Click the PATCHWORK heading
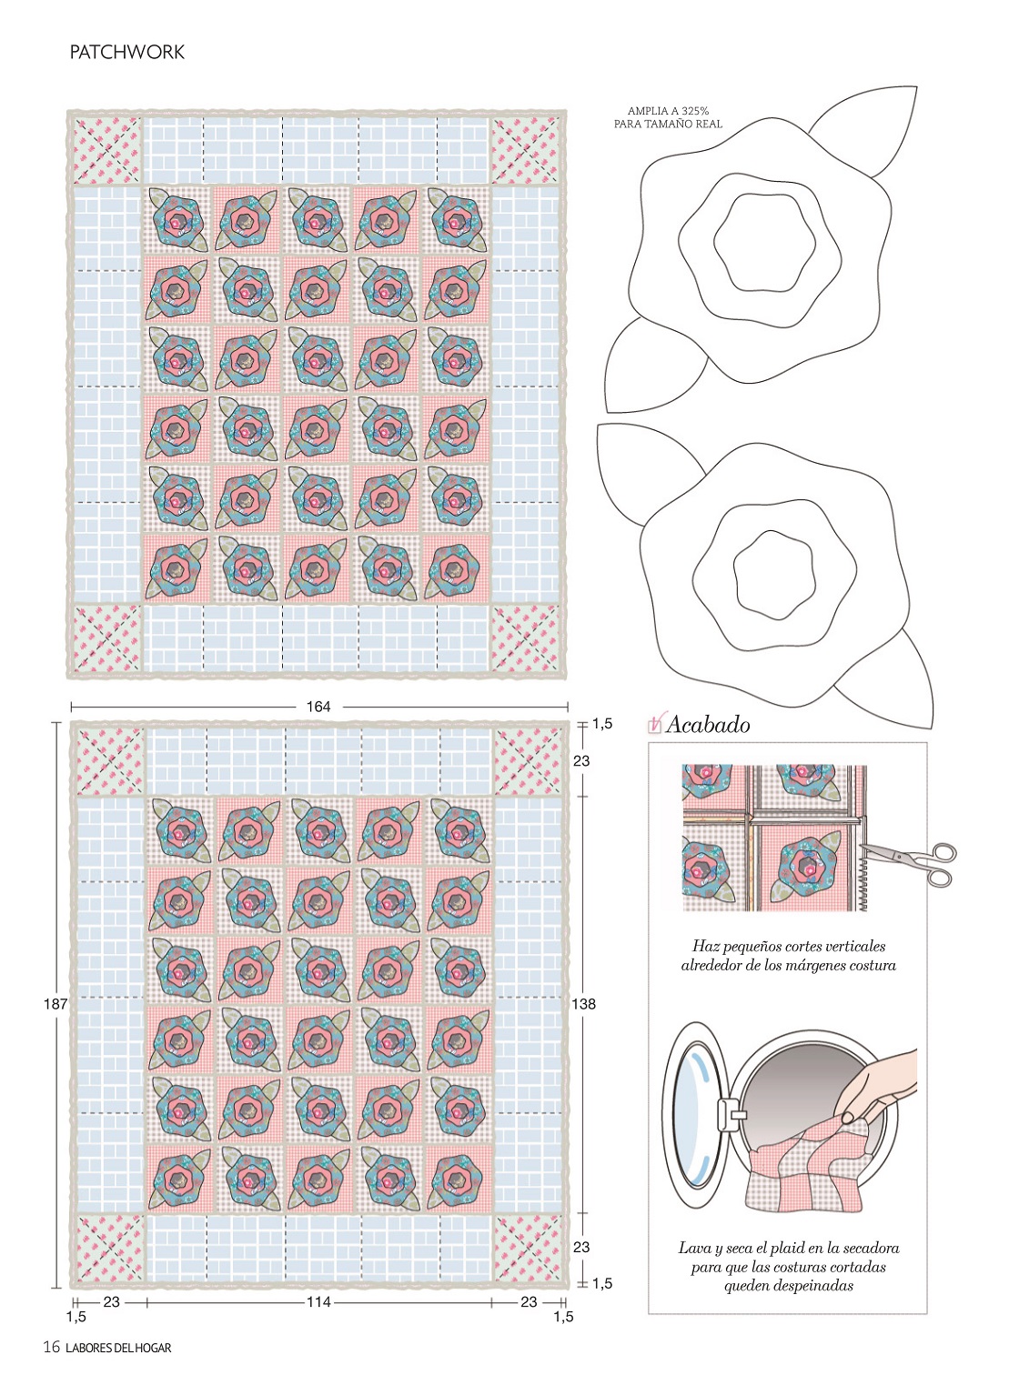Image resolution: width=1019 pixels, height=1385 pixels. click(x=126, y=52)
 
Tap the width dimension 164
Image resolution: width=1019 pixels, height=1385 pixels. click(x=318, y=706)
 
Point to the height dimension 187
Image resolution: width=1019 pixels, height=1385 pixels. click(x=55, y=1004)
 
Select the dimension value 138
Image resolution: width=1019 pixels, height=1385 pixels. click(x=583, y=1004)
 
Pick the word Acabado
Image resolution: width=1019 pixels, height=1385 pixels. click(x=708, y=725)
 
